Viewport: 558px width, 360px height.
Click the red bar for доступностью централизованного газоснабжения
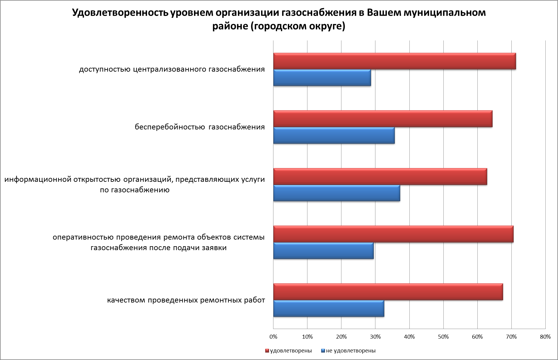coord(394,61)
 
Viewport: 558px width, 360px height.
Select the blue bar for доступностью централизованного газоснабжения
coord(322,78)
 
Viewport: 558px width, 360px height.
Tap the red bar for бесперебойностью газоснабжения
coord(383,119)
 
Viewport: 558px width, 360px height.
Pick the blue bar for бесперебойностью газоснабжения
coord(334,135)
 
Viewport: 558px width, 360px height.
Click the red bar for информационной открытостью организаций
coord(380,177)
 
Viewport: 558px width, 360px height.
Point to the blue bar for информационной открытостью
coord(337,193)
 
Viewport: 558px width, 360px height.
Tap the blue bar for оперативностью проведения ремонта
coord(323,250)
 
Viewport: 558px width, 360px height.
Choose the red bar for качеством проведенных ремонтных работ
coord(388,292)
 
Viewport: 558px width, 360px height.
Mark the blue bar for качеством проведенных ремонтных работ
coord(328,308)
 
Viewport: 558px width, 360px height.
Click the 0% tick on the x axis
coord(273,337)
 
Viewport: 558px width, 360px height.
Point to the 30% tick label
coord(375,337)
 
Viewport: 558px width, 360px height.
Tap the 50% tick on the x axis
coord(443,337)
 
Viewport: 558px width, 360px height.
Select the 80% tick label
coord(545,337)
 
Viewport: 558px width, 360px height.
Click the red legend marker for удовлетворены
coord(267,351)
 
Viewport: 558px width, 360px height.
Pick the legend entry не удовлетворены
coord(350,351)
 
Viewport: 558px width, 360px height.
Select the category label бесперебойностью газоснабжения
coord(200,127)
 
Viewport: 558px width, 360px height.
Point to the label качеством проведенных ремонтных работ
coord(186,300)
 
